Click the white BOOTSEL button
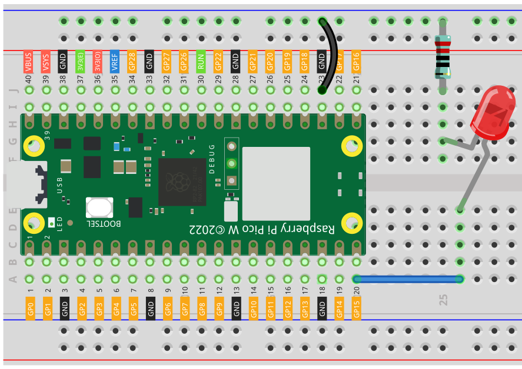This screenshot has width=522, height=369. click(99, 207)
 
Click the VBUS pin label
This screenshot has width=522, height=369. click(28, 61)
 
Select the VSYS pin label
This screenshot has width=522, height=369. click(45, 61)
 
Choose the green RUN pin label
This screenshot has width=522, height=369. click(201, 61)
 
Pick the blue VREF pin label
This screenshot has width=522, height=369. click(115, 61)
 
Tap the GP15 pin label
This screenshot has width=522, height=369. click(356, 308)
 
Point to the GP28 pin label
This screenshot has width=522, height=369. click(132, 61)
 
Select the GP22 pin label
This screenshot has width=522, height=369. click(218, 61)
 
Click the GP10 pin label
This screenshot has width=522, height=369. click(253, 308)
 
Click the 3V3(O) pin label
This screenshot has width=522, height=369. click(98, 61)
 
